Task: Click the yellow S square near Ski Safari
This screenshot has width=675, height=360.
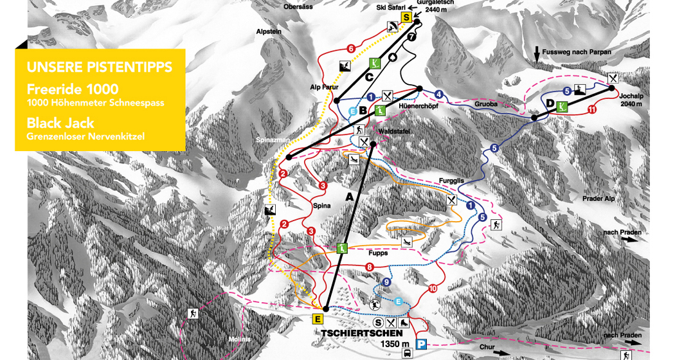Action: [x=406, y=18]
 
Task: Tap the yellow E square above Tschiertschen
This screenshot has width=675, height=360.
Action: [x=318, y=318]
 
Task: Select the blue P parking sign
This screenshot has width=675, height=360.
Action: [x=421, y=345]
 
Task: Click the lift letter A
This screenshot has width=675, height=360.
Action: [x=350, y=197]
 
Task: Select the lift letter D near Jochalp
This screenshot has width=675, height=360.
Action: [x=550, y=103]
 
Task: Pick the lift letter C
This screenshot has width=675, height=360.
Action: [x=368, y=77]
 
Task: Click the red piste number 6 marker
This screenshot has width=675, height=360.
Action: [x=351, y=48]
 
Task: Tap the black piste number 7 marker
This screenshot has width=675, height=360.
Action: [x=411, y=38]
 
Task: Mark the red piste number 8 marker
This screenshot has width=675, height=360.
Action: [x=369, y=267]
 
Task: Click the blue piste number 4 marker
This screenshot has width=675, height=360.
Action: [x=438, y=94]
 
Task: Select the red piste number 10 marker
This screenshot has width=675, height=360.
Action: [x=432, y=289]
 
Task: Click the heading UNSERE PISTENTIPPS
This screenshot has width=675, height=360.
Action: [x=99, y=66]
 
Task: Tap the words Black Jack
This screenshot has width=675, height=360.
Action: [x=60, y=123]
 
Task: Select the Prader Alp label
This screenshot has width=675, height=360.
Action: [x=598, y=199]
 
